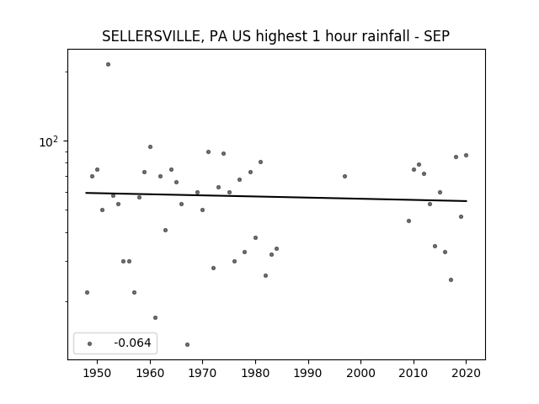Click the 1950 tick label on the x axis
coord(98,373)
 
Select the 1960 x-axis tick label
coord(150,373)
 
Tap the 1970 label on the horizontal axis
coord(202,373)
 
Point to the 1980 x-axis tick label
coord(255,373)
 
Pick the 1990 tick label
coord(308,373)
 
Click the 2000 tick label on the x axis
coord(361,373)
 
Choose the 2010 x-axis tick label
coord(414,373)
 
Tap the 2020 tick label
coord(466,373)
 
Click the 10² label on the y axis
coord(49,141)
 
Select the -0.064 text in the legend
coord(132,343)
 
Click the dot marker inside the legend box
coord(90,343)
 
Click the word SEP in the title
coord(436,36)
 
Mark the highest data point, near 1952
coord(108,64)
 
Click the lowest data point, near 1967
coord(187,344)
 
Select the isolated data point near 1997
coord(344,176)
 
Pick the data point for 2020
coord(466,155)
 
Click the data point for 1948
coord(87,292)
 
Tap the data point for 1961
coord(155,318)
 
